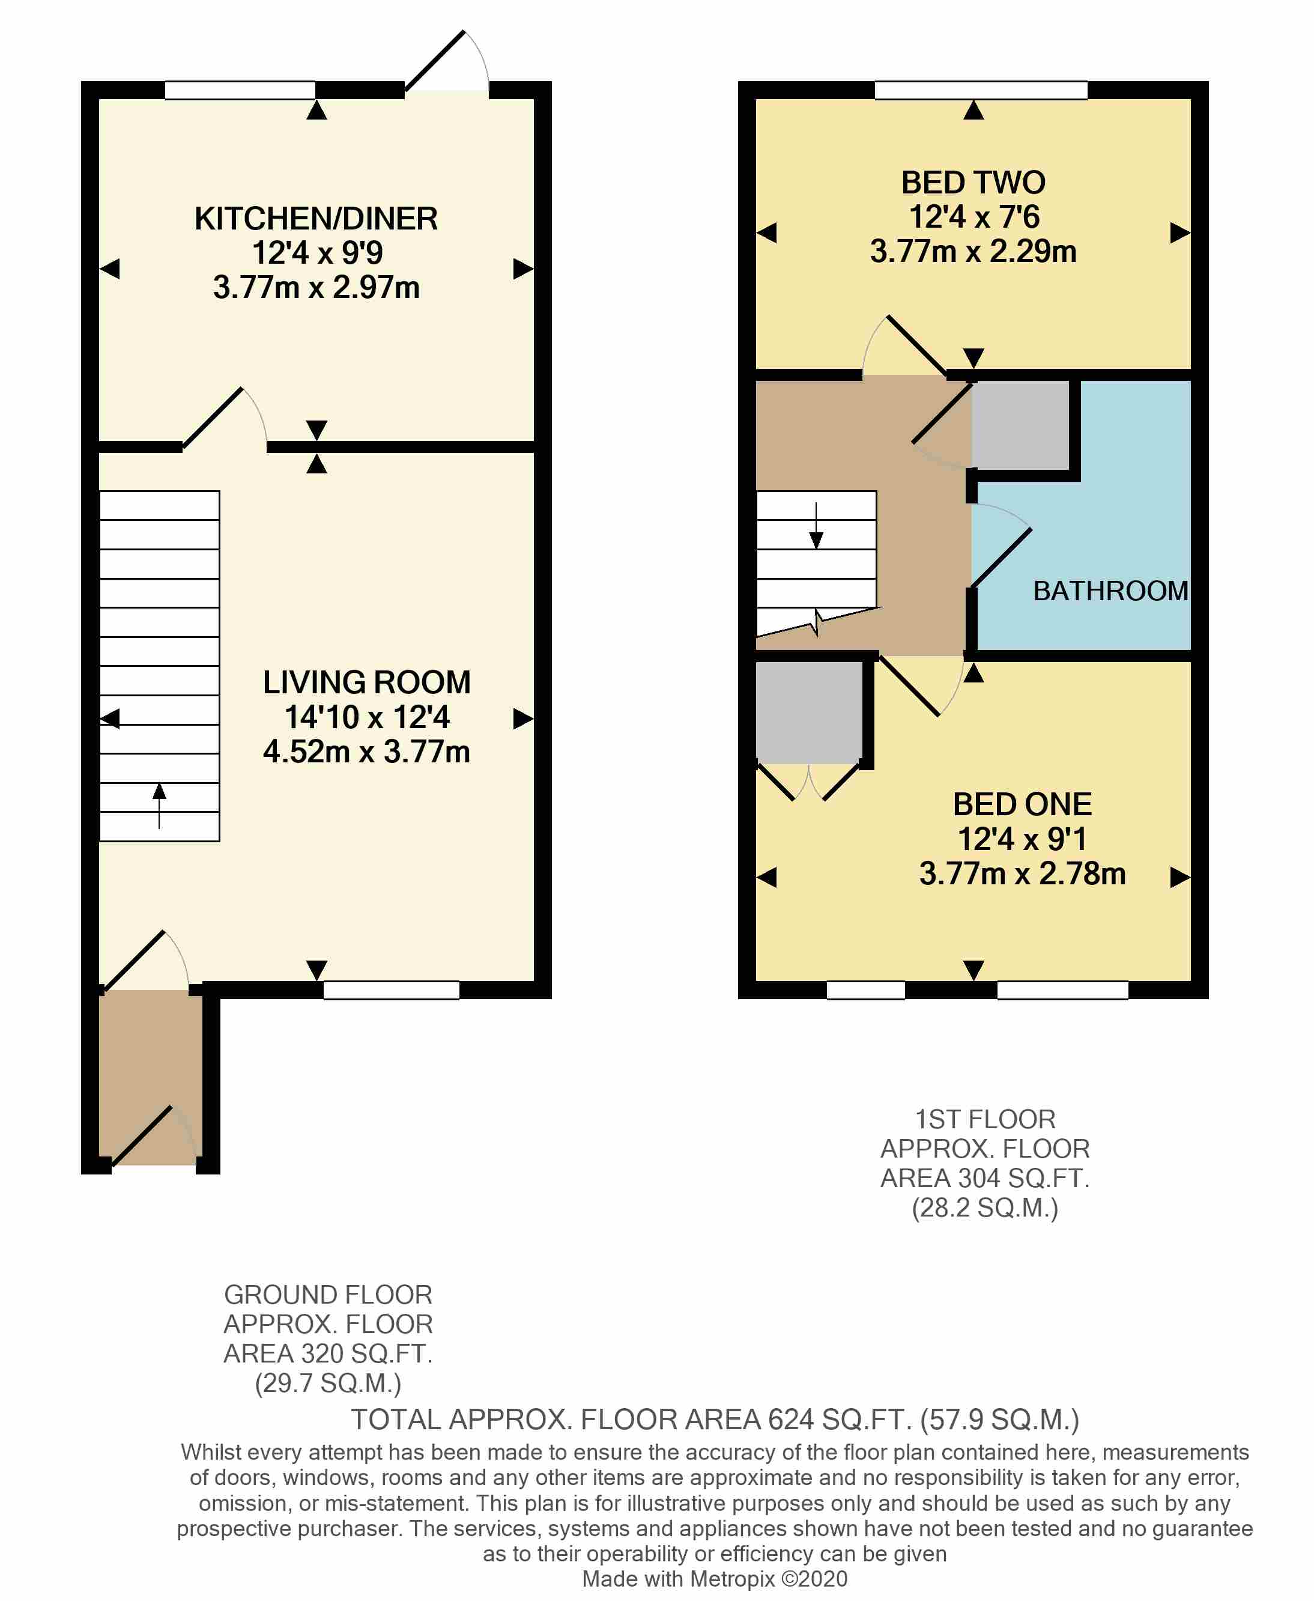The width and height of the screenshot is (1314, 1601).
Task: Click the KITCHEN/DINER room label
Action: tap(316, 219)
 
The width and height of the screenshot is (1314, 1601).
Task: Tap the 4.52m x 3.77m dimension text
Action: tap(366, 752)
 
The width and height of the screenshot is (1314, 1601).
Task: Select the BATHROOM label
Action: tap(1110, 591)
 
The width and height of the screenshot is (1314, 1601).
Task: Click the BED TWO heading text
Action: tap(973, 183)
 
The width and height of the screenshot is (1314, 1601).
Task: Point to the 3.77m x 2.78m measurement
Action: tap(1022, 873)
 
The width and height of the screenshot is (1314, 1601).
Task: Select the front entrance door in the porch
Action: tap(143, 1135)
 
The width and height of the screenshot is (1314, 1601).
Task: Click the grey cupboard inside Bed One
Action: tap(808, 711)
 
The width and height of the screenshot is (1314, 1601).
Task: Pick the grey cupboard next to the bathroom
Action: tap(1020, 425)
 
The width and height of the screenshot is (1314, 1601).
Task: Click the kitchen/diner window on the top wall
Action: tap(240, 90)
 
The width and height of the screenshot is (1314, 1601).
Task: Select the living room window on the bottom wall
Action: tap(392, 990)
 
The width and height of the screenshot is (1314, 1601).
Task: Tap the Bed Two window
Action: tap(980, 90)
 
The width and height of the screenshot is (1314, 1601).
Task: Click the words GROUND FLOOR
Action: tap(328, 1295)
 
